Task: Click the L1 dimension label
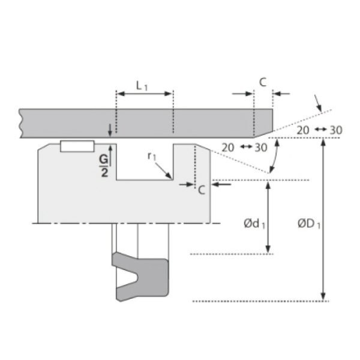click(x=142, y=86)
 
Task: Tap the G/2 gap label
click(x=104, y=166)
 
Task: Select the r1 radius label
click(x=152, y=157)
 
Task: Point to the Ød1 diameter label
click(x=254, y=223)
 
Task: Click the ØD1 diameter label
click(x=309, y=223)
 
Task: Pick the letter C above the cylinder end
click(x=263, y=82)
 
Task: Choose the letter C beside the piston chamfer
click(x=202, y=190)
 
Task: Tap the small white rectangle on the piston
click(x=77, y=146)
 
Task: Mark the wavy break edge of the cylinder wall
click(x=20, y=123)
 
